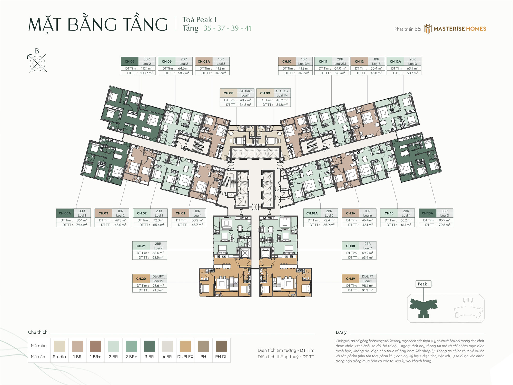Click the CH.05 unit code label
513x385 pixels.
(130, 62)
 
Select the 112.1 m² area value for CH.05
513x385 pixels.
(146, 69)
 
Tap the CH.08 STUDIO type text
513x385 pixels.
(245, 91)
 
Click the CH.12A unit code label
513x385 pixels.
(395, 62)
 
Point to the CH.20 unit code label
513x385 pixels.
(141, 279)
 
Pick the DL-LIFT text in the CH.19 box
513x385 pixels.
(367, 276)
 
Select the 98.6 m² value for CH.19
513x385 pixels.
(367, 286)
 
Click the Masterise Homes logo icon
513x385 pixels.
(428, 29)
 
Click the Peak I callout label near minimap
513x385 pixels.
(423, 284)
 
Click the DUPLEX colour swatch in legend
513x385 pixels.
(185, 346)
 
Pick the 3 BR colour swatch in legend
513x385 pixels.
(149, 346)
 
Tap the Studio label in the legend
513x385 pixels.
(59, 357)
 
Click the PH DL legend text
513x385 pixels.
(221, 357)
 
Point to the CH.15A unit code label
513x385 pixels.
(427, 213)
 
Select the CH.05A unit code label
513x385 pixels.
(65, 213)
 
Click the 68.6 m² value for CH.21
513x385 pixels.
(158, 253)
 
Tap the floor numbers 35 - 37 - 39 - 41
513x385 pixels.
(228, 28)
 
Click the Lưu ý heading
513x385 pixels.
(341, 332)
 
